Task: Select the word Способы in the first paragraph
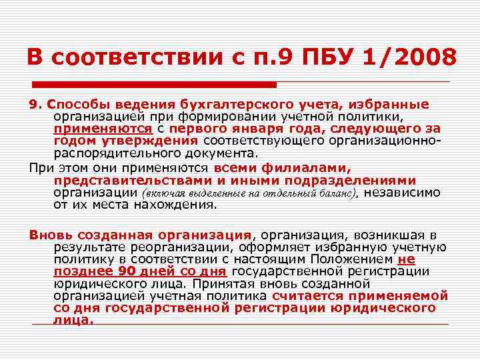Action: (74, 104)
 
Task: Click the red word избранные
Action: (390, 104)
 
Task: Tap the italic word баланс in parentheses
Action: (339, 193)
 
